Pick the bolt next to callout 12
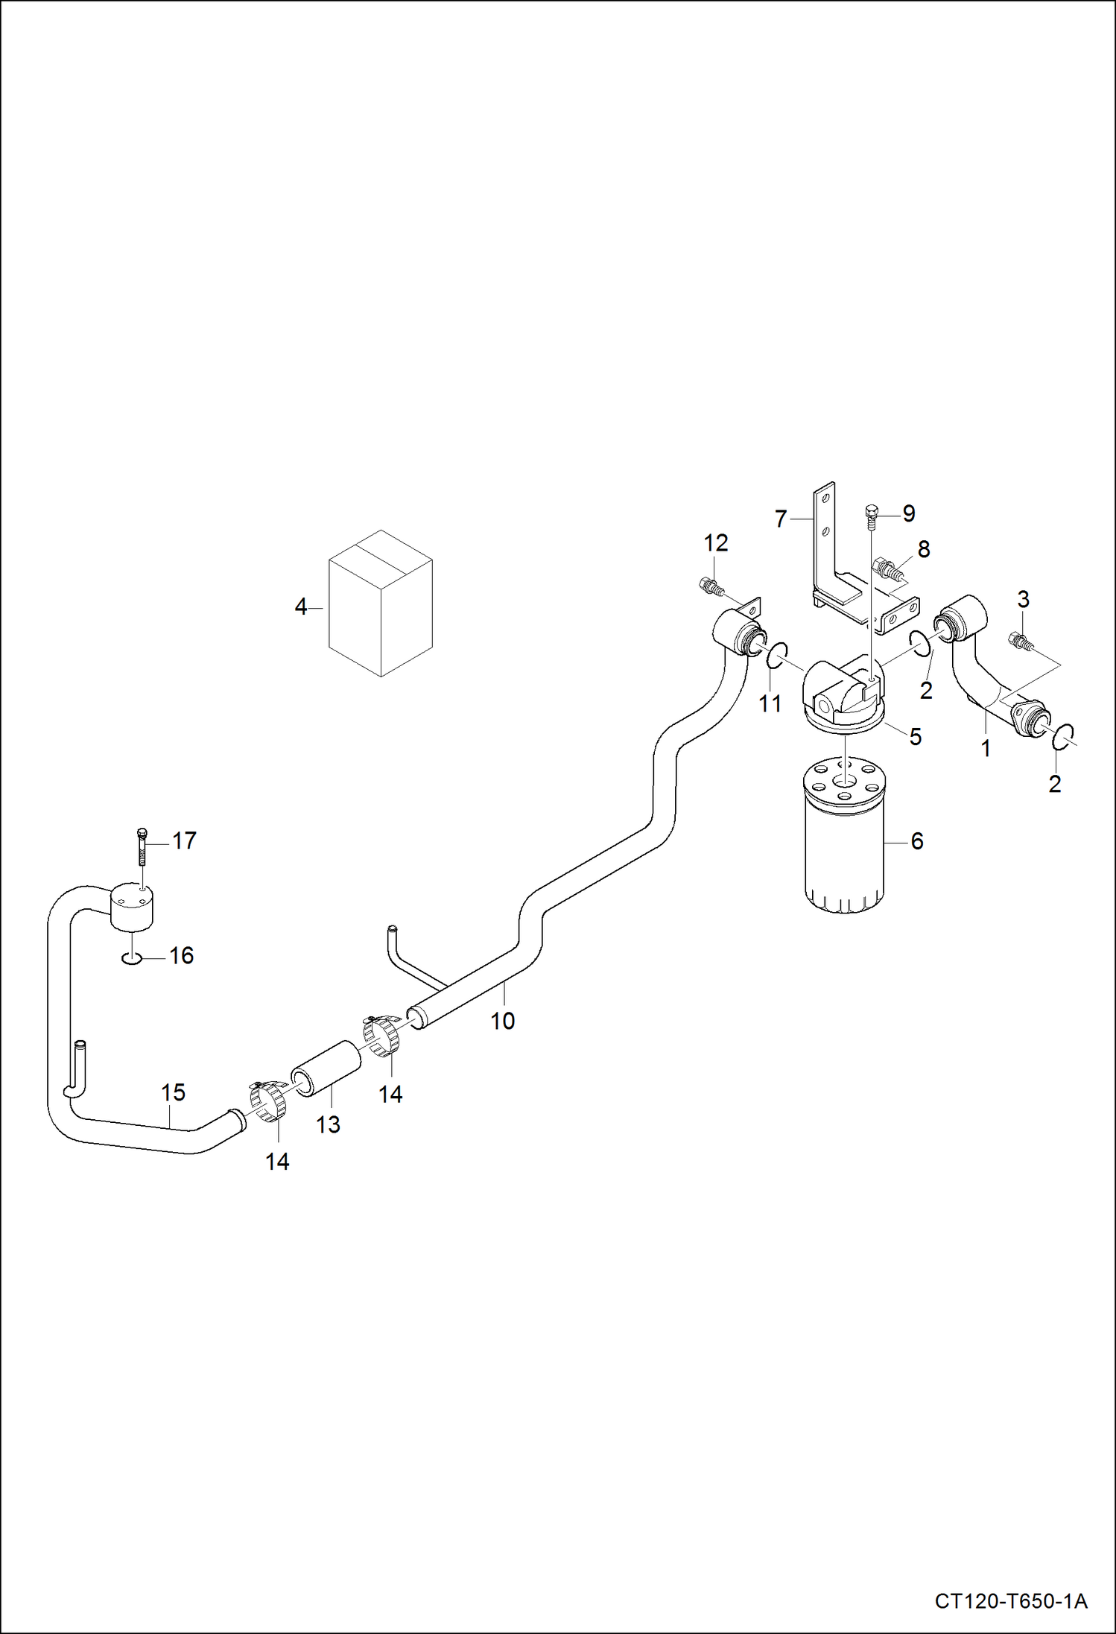(x=710, y=586)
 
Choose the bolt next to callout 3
(x=1018, y=640)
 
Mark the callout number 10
(x=502, y=1021)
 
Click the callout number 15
(x=173, y=1092)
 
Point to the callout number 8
(x=924, y=549)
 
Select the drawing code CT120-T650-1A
(x=1010, y=1600)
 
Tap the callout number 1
(x=986, y=748)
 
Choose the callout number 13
(x=328, y=1124)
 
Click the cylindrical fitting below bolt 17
(x=133, y=906)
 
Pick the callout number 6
(x=917, y=841)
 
